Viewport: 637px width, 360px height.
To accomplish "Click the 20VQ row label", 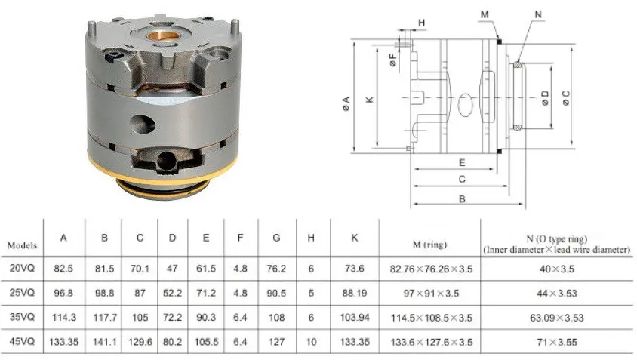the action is (22, 268).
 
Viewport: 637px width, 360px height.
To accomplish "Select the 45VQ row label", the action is (22, 341).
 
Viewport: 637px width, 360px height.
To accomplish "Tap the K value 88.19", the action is (354, 293).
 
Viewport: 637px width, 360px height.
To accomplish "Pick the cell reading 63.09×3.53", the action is (556, 317).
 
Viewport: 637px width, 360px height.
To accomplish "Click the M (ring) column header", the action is (429, 245).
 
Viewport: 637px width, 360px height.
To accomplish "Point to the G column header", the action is (276, 238).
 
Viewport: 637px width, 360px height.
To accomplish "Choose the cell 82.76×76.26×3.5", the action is (431, 269).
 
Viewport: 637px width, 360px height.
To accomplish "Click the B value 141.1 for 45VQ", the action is (105, 342).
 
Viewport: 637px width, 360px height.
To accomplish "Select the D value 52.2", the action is (172, 293).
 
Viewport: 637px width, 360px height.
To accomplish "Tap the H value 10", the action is (311, 342).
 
